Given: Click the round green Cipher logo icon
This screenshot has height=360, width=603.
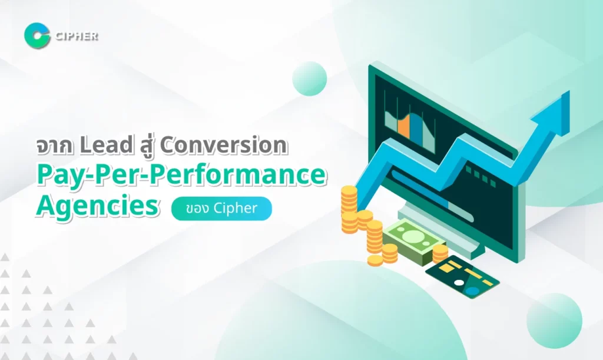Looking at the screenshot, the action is tap(37, 36).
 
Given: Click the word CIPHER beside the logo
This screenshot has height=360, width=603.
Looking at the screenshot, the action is tap(77, 37).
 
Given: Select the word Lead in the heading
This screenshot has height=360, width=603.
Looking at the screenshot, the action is tap(106, 145).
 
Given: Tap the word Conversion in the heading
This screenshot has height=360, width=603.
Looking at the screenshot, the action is tap(224, 146).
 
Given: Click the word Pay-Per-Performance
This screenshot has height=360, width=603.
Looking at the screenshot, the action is tap(181, 176).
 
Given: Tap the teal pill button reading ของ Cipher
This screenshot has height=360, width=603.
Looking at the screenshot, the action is tap(221, 209).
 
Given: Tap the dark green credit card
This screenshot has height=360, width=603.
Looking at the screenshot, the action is tap(462, 276).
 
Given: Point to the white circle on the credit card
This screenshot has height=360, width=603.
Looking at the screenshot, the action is tap(459, 283).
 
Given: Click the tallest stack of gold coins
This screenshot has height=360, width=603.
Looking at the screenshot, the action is tap(350, 209).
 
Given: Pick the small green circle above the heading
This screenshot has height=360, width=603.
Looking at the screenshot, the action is tap(310, 78).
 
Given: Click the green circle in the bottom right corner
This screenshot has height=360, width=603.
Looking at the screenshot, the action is tap(554, 321).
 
